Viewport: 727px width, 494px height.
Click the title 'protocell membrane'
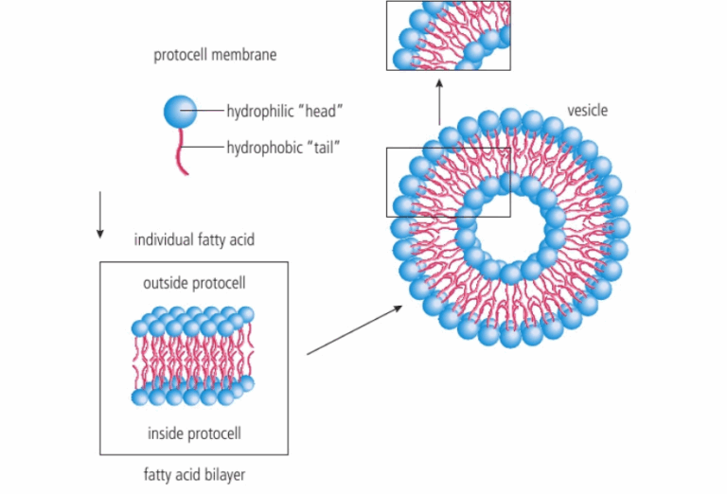(215, 55)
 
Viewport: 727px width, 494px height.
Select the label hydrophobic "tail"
(283, 147)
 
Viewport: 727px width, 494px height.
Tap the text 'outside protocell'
(194, 283)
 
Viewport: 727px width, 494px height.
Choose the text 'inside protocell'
(194, 433)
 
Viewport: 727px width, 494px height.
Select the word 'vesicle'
(587, 111)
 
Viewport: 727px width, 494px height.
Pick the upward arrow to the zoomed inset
(440, 104)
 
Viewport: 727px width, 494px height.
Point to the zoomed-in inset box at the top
(449, 36)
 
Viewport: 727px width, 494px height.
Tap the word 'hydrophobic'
(262, 147)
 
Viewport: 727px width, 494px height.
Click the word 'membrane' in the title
(244, 55)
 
